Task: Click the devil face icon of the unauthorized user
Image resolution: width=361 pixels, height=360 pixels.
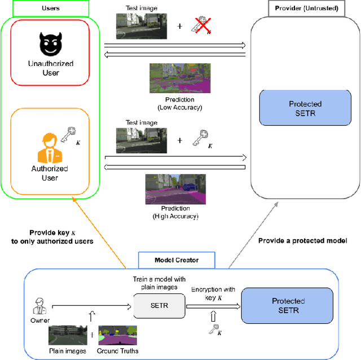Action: click(x=51, y=45)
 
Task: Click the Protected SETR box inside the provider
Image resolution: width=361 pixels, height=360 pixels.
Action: click(x=305, y=108)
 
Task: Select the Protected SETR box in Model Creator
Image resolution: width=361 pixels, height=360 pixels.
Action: click(x=288, y=305)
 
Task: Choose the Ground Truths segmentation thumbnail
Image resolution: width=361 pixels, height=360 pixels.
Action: click(x=117, y=336)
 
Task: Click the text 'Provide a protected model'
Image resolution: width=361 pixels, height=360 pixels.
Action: click(x=302, y=240)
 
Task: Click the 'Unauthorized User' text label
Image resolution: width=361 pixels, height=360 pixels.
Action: click(x=51, y=68)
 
